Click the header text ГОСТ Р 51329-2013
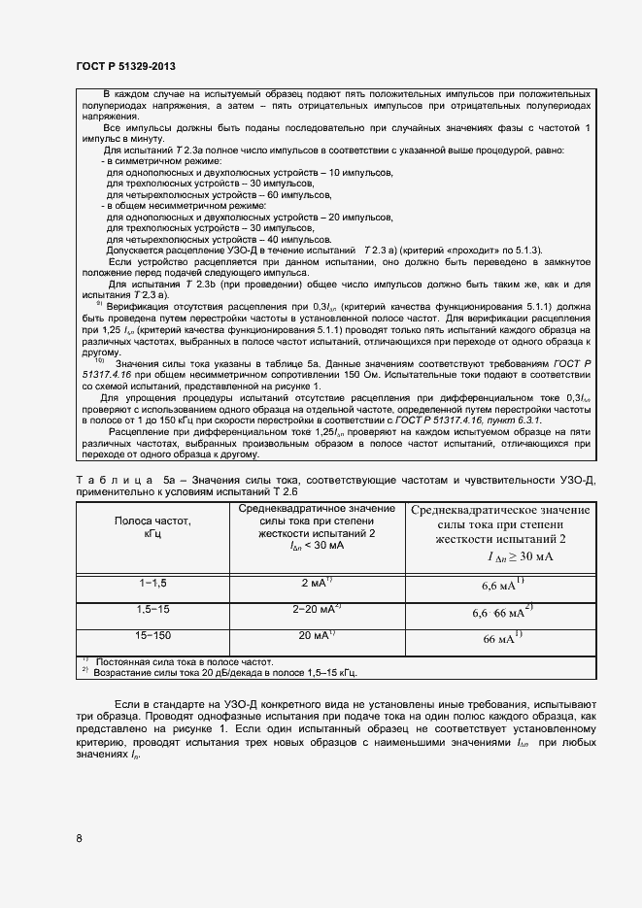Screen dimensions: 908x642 pos(125,66)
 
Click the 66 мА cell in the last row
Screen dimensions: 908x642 pos(502,639)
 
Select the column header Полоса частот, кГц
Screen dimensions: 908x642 pos(153,527)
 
